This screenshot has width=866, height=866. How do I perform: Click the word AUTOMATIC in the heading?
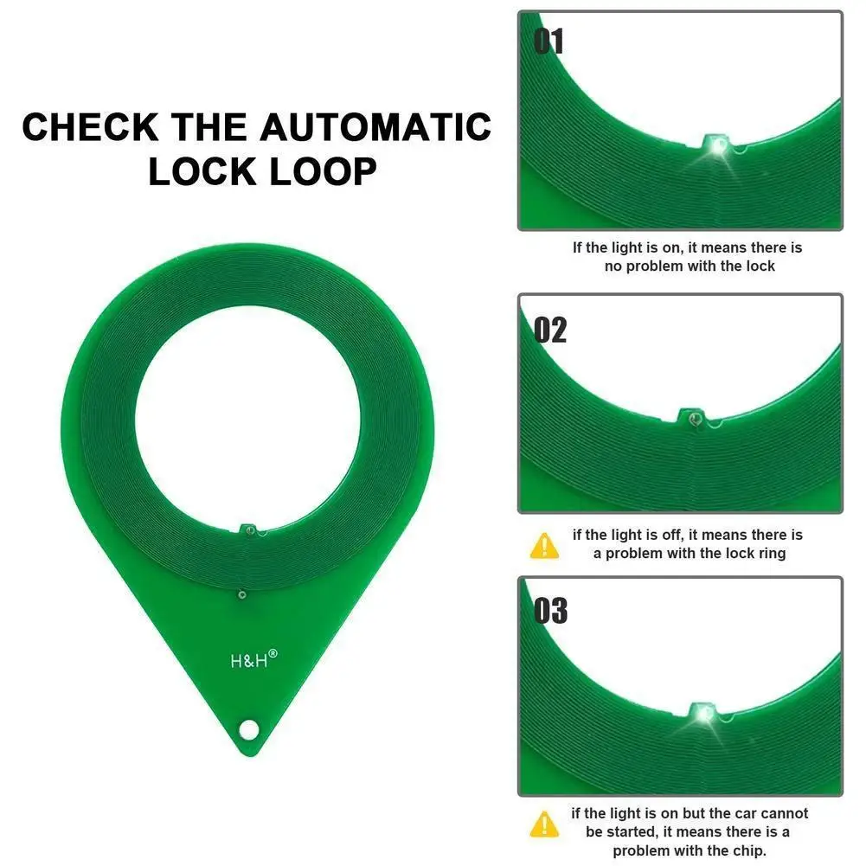point(375,127)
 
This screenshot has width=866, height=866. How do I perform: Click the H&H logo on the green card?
point(248,659)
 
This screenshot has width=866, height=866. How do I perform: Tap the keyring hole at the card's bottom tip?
point(249,729)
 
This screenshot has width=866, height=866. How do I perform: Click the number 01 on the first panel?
point(548,42)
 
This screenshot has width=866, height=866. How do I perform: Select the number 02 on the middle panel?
point(550,330)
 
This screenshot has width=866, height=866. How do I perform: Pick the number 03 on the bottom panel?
point(550,612)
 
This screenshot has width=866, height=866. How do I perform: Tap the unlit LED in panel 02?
point(693,419)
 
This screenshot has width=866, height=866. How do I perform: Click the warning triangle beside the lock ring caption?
point(544,545)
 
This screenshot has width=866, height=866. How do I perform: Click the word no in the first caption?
point(613,266)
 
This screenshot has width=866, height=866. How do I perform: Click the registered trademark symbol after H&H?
point(273,654)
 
